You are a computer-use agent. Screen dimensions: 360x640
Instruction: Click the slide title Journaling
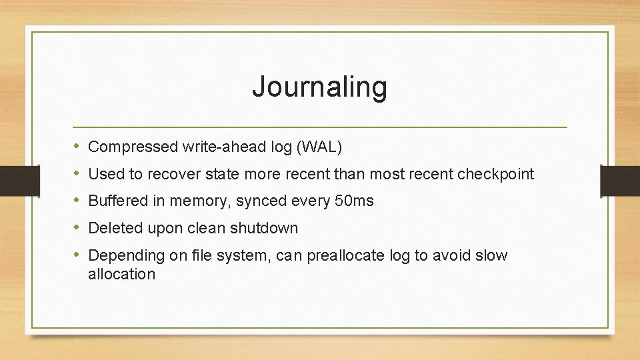coord(319,87)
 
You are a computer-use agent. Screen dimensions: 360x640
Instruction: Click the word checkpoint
coord(495,174)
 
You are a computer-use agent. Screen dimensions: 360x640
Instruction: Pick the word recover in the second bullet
coord(174,174)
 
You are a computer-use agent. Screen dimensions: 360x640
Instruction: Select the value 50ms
coord(355,201)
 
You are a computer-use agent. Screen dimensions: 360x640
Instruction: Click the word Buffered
coord(117,201)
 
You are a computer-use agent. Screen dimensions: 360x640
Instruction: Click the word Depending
coord(121,255)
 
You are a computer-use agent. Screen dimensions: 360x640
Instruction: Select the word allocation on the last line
coord(121,274)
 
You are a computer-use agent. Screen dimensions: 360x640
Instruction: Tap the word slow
coord(493,255)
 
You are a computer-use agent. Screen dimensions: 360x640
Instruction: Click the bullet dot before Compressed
coord(77,146)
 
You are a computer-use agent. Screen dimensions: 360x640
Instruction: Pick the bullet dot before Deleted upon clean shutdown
coord(77,227)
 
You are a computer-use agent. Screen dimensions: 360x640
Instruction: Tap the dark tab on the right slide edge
coord(620,180)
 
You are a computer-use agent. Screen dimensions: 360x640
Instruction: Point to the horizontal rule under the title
coord(320,127)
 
